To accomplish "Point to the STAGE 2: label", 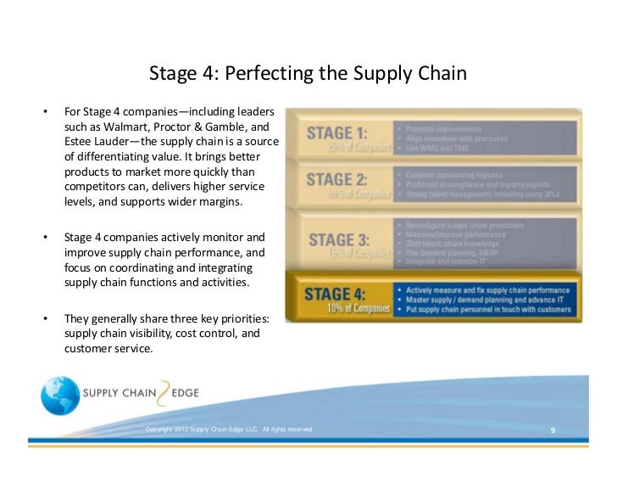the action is coord(337,179).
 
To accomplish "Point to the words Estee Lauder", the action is coord(98,142).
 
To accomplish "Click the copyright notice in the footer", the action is coord(230,430).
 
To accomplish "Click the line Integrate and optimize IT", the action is coord(448,262).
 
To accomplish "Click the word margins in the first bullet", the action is coord(215,203).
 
